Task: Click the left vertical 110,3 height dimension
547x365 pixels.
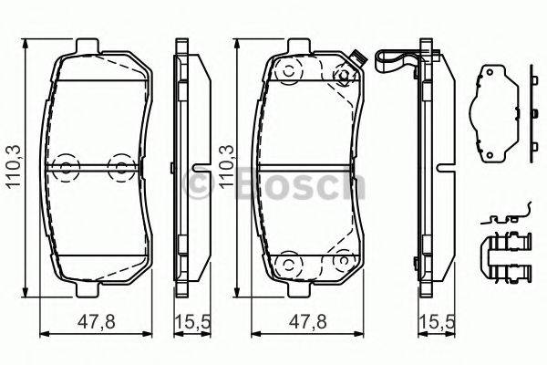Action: (13, 167)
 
